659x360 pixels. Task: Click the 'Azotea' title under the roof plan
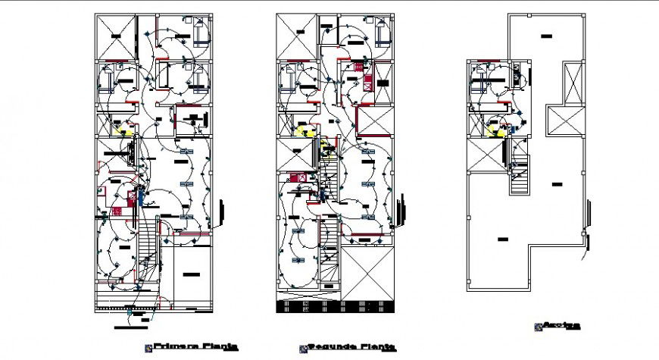(561, 325)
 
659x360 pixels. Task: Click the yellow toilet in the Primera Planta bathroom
(124, 128)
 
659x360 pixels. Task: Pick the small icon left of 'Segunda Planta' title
(304, 349)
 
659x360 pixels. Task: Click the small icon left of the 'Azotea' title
(538, 327)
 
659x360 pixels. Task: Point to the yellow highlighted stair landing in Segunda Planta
(306, 131)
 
